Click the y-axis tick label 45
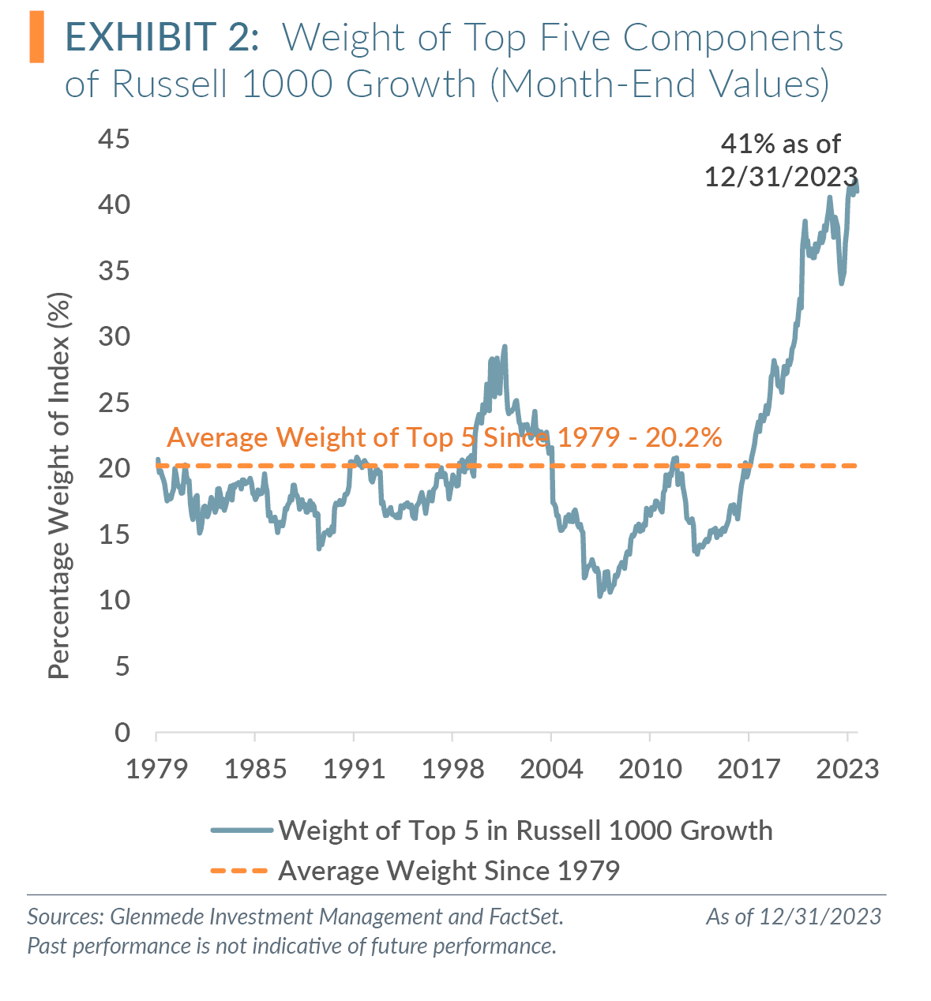click(114, 140)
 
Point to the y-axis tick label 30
click(114, 337)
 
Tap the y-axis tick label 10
click(114, 601)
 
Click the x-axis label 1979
click(156, 769)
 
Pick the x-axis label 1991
click(354, 769)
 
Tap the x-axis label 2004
click(551, 769)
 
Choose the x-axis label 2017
click(749, 769)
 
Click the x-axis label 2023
click(847, 769)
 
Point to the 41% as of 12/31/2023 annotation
click(781, 160)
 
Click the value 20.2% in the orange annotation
click(684, 437)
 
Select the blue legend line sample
click(242, 830)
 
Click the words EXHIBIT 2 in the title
click(162, 38)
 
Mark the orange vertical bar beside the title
click(36, 38)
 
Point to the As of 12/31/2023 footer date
click(794, 917)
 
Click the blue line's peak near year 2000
click(505, 347)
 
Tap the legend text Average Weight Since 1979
click(449, 871)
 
